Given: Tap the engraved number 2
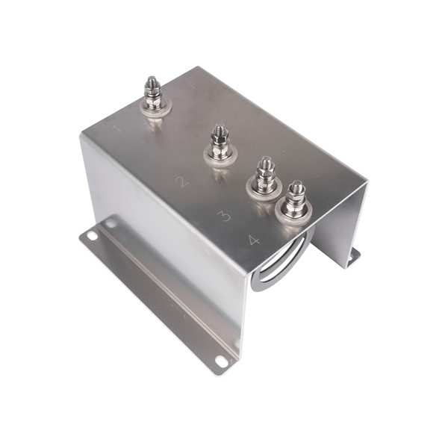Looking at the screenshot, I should click(x=180, y=181).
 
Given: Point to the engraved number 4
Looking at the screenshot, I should click(x=254, y=240).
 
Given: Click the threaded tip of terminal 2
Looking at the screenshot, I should click(x=218, y=130).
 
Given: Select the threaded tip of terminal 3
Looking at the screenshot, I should click(x=264, y=162).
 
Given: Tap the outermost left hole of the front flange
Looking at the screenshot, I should click(x=91, y=235).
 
